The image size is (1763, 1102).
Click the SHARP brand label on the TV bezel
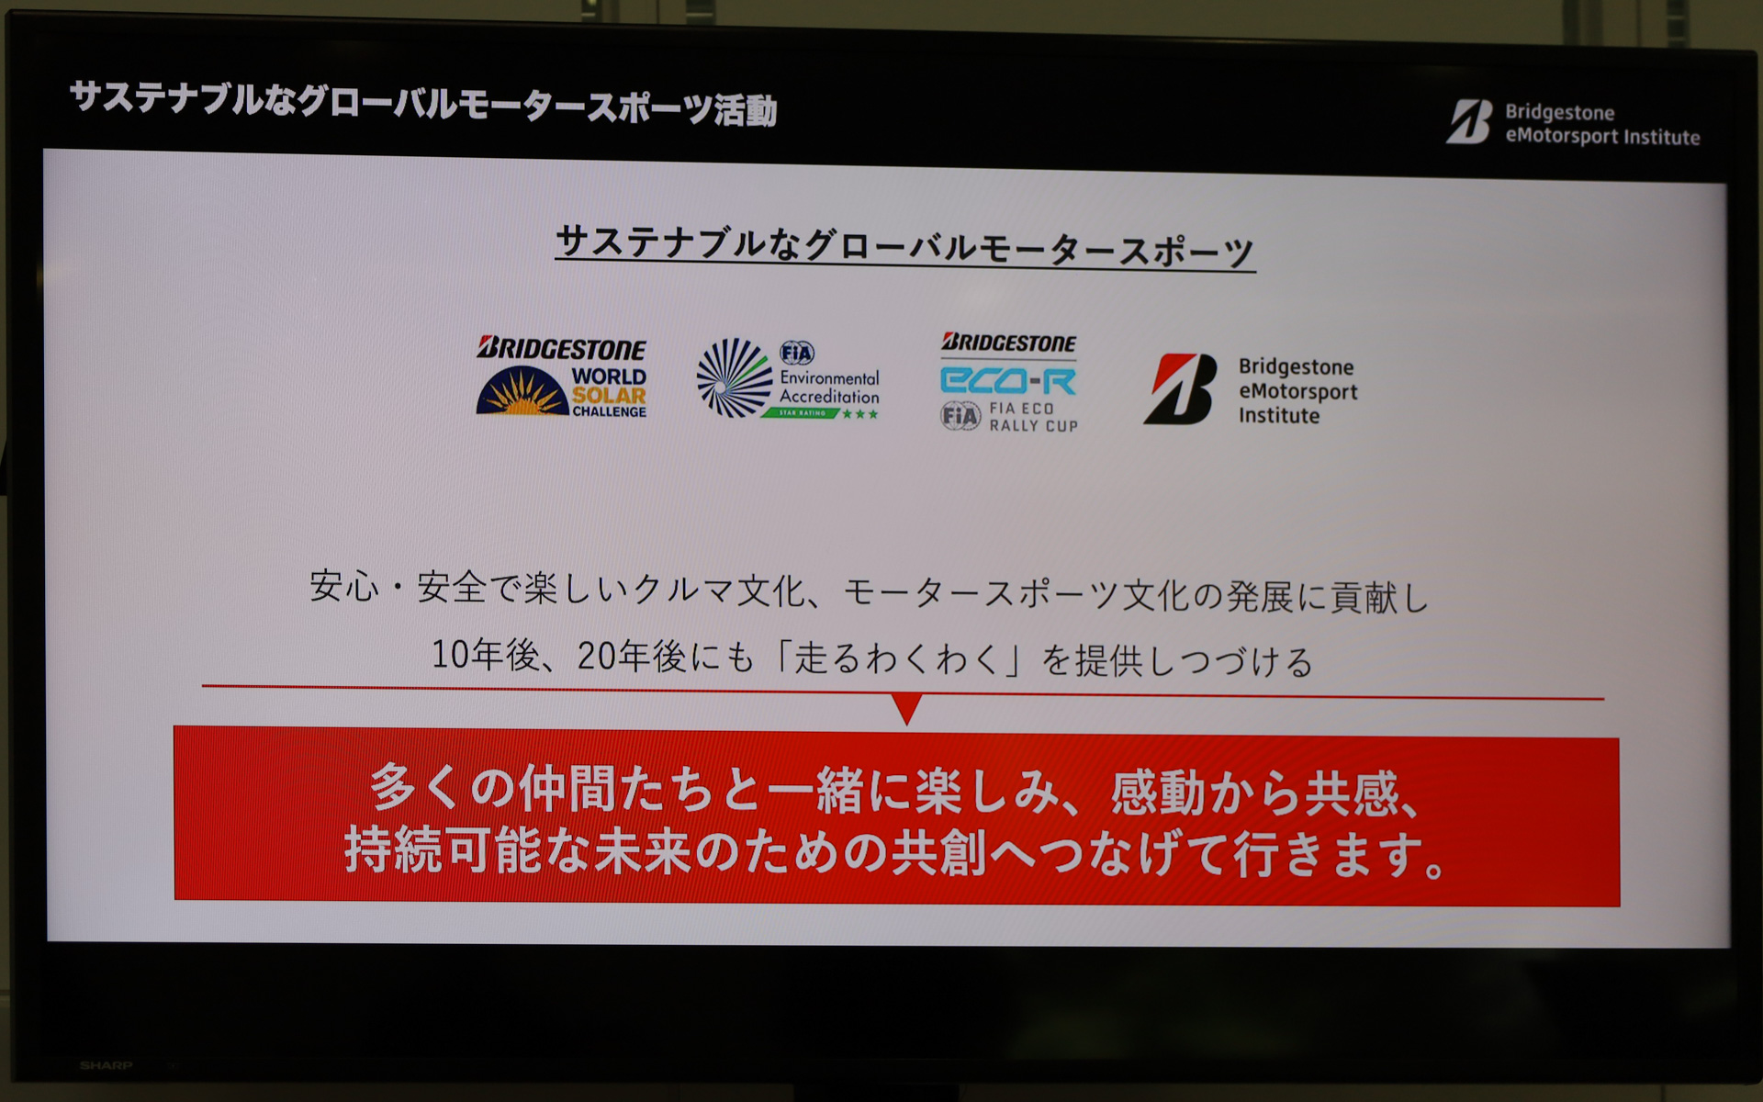point(106,1065)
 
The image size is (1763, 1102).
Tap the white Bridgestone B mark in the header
point(1469,122)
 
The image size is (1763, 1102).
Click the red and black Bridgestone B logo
point(1180,389)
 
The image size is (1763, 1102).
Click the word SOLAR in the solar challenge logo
point(609,396)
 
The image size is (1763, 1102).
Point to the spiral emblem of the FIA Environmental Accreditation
point(734,377)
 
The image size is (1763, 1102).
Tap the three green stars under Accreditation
point(860,414)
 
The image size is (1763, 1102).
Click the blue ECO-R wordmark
point(1008,380)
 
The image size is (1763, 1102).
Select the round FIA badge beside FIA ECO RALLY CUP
point(960,416)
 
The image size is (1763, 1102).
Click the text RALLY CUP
point(1033,426)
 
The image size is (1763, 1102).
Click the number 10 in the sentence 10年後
point(450,655)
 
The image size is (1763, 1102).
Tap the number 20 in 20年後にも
point(597,656)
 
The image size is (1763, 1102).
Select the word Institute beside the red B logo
point(1278,416)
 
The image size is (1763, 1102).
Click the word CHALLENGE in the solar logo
point(609,412)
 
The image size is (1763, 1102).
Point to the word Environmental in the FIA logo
point(829,378)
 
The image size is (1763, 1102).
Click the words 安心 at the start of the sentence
point(343,586)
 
